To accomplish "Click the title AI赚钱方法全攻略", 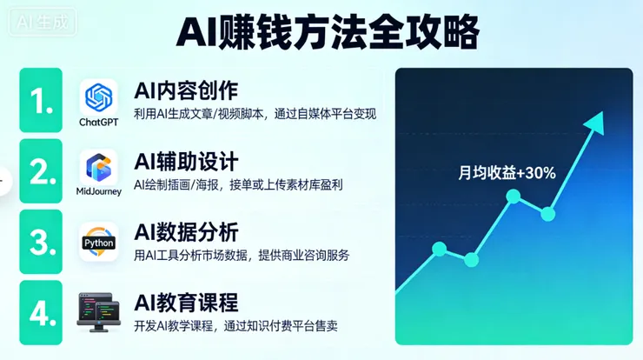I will tap(328, 33).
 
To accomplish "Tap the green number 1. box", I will tap(41, 100).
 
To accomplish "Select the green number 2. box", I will tap(41, 171).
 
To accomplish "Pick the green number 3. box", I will tap(41, 242).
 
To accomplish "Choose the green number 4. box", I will tap(41, 312).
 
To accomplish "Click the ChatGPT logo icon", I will tap(98, 95).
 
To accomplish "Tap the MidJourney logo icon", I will tap(98, 165).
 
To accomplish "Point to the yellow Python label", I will tap(98, 243).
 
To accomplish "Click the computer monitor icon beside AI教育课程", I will tap(98, 311).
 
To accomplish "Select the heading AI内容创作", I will tap(186, 90).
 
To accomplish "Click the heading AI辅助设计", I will tap(186, 161).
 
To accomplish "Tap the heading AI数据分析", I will tap(186, 232).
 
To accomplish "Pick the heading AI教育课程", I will tap(186, 303).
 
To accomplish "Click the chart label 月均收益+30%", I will tap(507, 173).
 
